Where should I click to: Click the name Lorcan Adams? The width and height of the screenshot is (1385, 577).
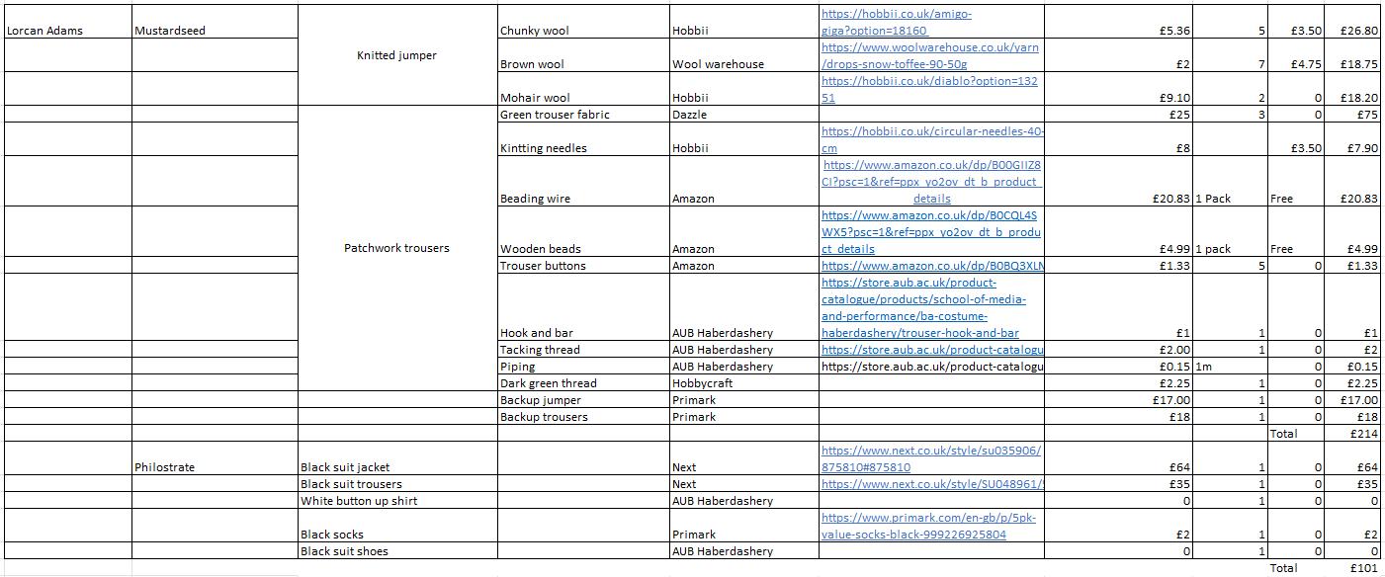click(x=45, y=31)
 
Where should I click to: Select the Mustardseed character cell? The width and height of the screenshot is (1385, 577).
click(x=170, y=31)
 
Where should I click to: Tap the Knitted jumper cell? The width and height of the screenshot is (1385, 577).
click(x=396, y=55)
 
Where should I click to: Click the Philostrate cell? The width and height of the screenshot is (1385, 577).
click(x=166, y=467)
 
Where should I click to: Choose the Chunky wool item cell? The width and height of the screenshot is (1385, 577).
click(x=534, y=31)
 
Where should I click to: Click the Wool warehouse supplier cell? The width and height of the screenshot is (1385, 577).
click(x=718, y=64)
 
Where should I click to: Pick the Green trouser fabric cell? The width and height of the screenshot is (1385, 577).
click(x=555, y=115)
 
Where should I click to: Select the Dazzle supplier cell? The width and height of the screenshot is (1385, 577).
click(x=690, y=115)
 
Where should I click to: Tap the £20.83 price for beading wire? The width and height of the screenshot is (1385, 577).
click(x=1170, y=199)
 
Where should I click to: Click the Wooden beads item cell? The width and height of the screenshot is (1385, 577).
click(x=540, y=249)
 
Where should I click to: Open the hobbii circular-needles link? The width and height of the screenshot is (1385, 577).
click(x=932, y=139)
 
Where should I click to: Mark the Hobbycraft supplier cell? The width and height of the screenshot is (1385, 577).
click(x=702, y=383)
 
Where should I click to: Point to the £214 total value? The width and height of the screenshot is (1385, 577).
click(x=1364, y=434)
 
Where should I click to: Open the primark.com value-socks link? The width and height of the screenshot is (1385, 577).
click(x=928, y=526)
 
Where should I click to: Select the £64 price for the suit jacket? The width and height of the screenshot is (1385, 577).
click(x=1178, y=467)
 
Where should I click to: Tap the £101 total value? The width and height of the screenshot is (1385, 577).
click(x=1364, y=568)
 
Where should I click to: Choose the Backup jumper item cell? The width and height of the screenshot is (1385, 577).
click(x=541, y=400)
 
